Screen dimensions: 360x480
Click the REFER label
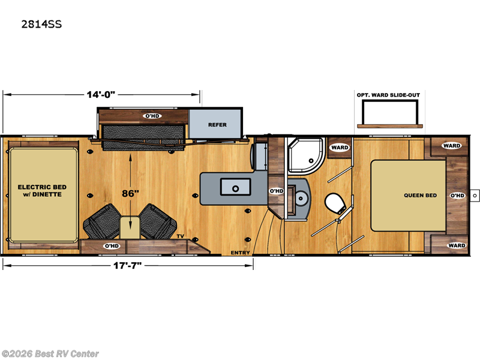(x=217, y=125)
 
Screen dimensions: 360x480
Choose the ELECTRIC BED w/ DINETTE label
(x=43, y=191)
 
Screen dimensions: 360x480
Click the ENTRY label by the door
(x=240, y=253)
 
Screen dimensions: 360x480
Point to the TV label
(x=180, y=237)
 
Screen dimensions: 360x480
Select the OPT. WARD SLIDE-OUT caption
(x=389, y=94)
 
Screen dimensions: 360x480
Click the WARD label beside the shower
(x=340, y=147)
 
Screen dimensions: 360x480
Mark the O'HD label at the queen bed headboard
(x=457, y=196)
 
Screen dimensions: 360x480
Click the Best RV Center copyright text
(x=50, y=354)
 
